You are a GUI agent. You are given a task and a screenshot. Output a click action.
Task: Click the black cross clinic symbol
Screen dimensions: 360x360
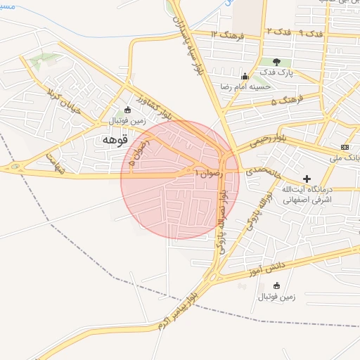coord(307,179)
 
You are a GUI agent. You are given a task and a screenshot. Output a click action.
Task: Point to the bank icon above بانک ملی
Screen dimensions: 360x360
coord(344,146)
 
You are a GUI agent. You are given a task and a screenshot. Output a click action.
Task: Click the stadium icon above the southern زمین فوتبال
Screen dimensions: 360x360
coord(276,285)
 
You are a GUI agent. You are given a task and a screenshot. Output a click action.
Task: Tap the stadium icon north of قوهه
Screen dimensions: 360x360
coord(127,110)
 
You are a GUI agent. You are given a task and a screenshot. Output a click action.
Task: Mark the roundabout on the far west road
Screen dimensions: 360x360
coord(15,167)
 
